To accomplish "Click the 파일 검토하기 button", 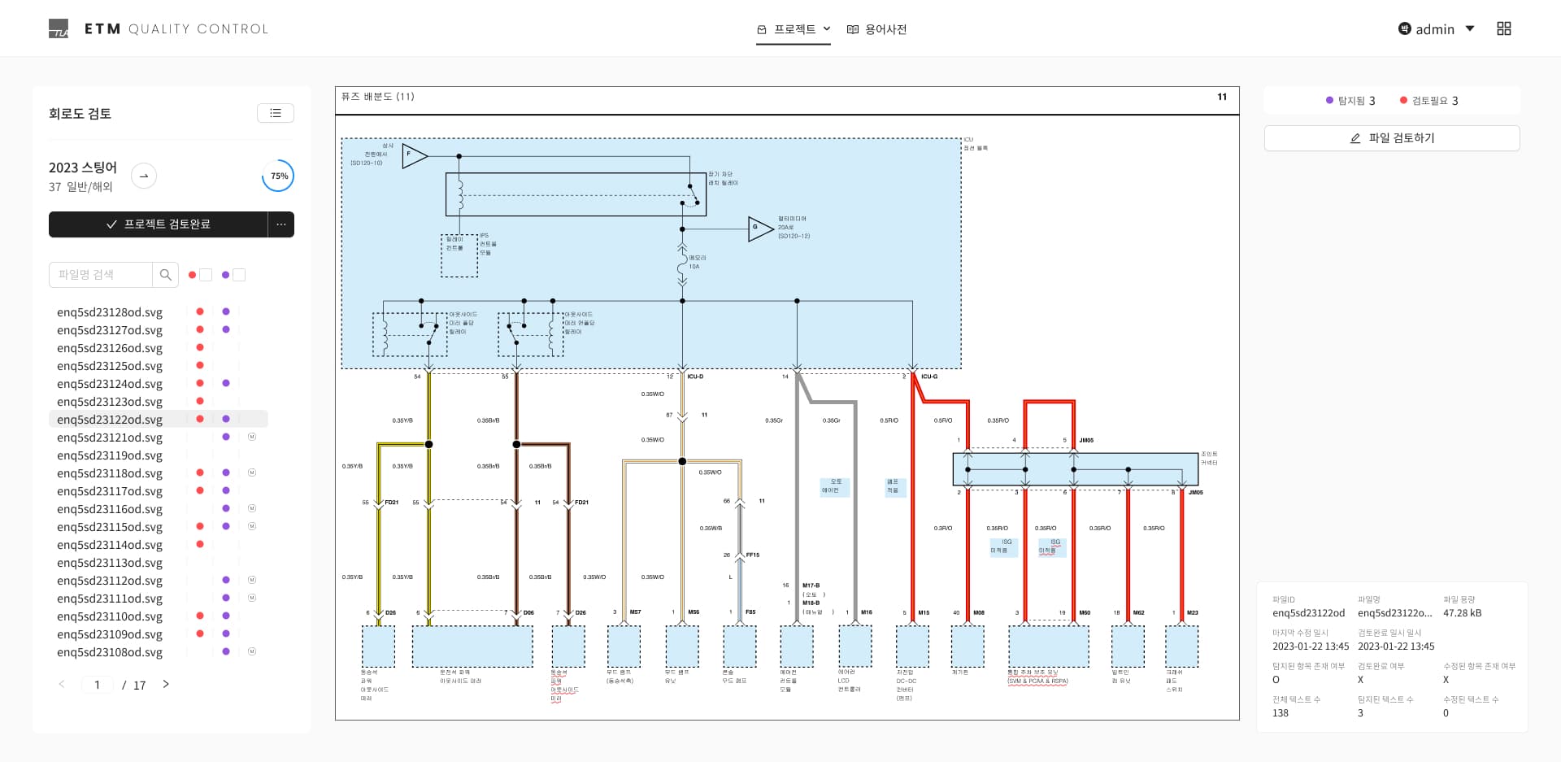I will coord(1391,138).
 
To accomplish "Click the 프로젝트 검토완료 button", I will coord(159,224).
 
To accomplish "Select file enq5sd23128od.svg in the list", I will coord(110,312).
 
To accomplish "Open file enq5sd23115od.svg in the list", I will coord(110,527).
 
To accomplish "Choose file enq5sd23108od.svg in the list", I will coord(110,652).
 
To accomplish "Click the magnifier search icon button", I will coord(165,275).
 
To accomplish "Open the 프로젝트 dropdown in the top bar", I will coord(794,29).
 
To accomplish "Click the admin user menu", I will coord(1436,29).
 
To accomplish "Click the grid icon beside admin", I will coord(1504,28).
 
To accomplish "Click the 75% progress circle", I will coord(278,176).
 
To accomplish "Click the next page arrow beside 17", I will coord(166,685).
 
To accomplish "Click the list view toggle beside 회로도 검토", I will coord(276,113).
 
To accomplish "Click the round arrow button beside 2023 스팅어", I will coord(144,176).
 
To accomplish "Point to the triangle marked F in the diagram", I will coord(413,155).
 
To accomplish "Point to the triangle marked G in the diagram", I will coord(759,229).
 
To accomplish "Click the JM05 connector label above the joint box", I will coord(1086,440).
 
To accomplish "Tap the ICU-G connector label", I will coord(929,377).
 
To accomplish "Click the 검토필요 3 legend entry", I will coord(1428,101).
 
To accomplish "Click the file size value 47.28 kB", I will coord(1462,613).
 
